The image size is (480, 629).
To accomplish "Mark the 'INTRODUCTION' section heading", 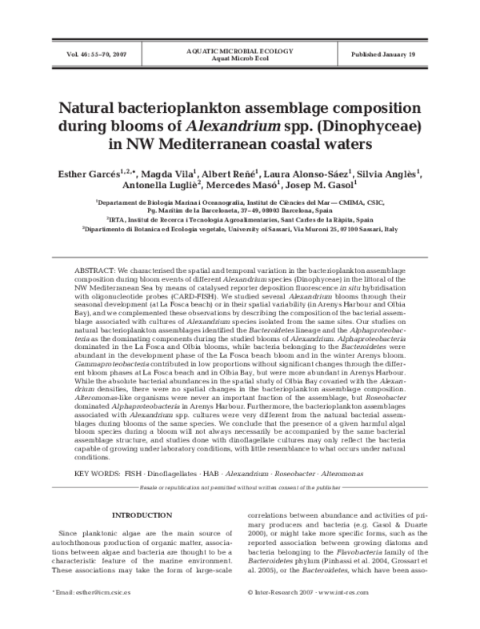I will coord(141,515).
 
